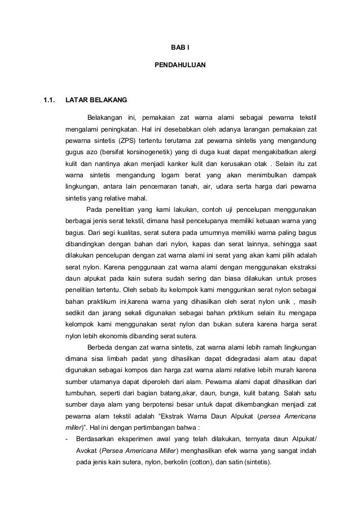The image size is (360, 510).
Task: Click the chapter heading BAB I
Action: click(x=180, y=49)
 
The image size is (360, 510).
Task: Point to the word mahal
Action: click(x=137, y=198)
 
